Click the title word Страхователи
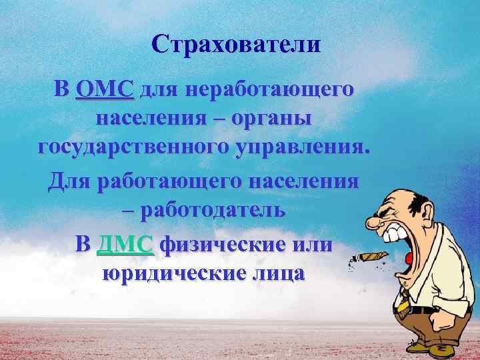[x=235, y=45]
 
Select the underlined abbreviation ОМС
[x=105, y=89]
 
